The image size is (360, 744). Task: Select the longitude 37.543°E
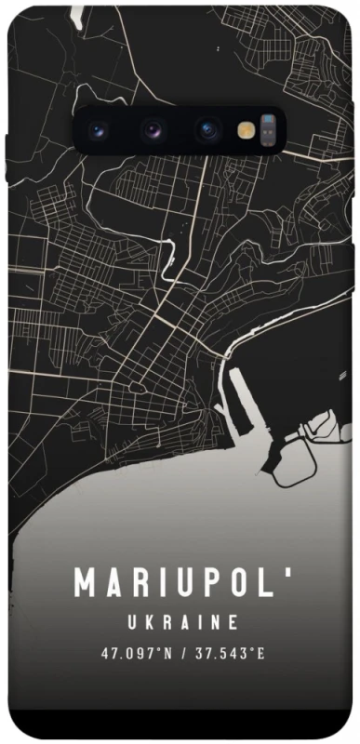pyautogui.click(x=230, y=653)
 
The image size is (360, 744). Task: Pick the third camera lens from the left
pyautogui.click(x=207, y=130)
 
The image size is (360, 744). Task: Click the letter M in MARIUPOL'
pyautogui.click(x=87, y=583)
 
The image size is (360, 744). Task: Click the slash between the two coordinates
pyautogui.click(x=186, y=653)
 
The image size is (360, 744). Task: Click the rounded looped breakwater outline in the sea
pyautogui.click(x=288, y=460)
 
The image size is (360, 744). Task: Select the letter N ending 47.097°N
pyautogui.click(x=169, y=653)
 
